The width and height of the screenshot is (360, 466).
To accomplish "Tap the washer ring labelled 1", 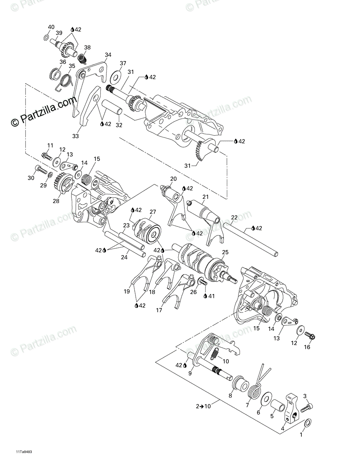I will (x=307, y=423).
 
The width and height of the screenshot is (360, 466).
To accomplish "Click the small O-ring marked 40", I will (x=46, y=38).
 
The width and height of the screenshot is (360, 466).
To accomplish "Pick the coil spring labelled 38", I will (x=82, y=59).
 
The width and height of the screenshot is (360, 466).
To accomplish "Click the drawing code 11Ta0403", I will (x=24, y=452).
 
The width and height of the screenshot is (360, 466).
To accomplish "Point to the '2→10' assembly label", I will (x=203, y=406).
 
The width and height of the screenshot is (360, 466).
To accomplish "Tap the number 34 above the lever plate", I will (x=108, y=55).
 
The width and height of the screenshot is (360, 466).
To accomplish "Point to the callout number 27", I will (x=153, y=212).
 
